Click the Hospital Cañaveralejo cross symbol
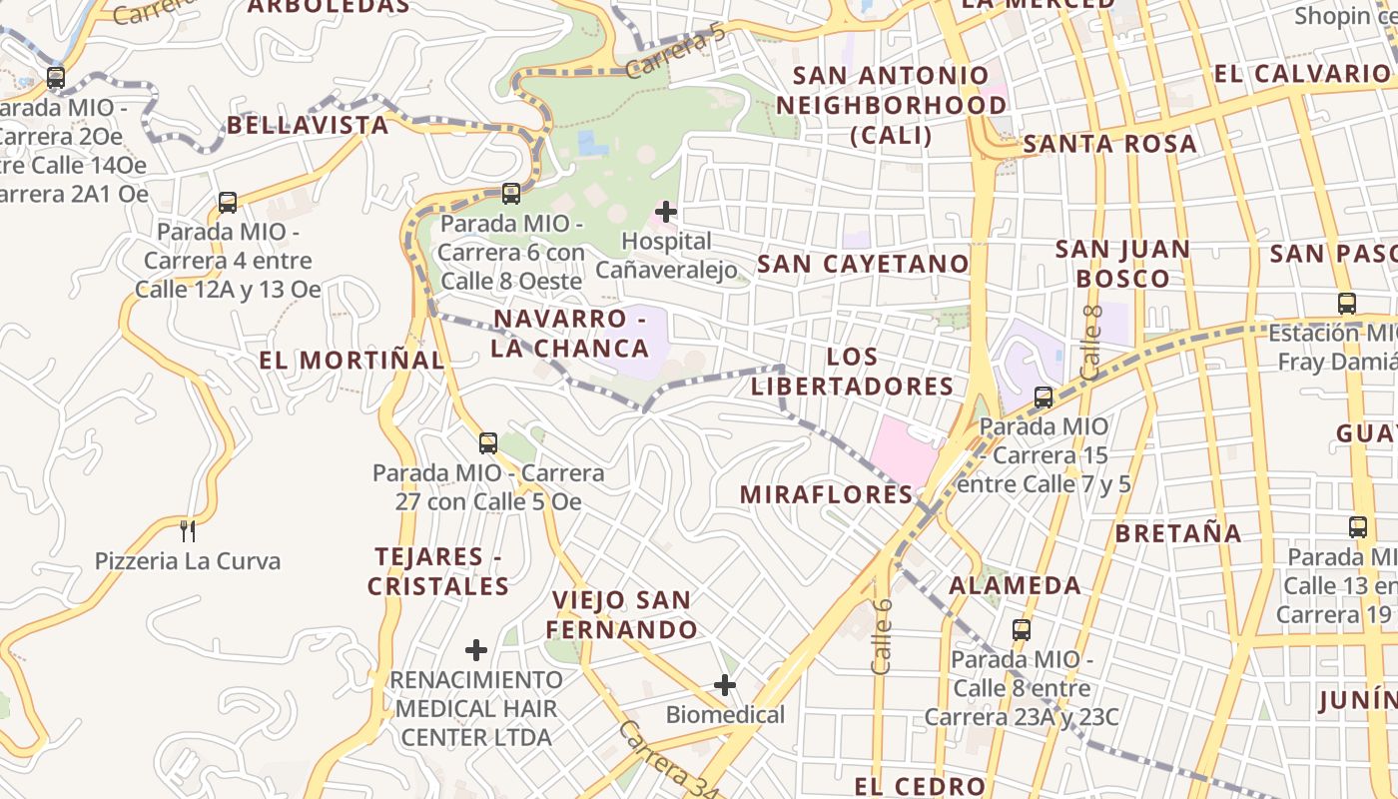(x=665, y=212)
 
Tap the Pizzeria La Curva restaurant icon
(x=187, y=530)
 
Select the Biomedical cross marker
(x=725, y=685)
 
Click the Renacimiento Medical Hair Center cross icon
(x=476, y=650)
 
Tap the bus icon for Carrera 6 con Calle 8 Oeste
(x=511, y=193)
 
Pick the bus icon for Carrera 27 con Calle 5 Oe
(x=488, y=442)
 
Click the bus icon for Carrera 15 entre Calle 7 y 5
(x=1044, y=397)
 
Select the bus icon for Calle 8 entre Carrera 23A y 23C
(x=1021, y=629)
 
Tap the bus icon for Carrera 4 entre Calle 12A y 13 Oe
(x=228, y=202)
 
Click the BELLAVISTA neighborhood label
(x=308, y=125)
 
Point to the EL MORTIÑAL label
(x=351, y=360)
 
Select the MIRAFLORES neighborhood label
(x=826, y=493)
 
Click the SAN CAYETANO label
(x=863, y=264)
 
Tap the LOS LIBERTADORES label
(x=853, y=371)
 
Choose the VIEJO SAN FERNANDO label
(x=621, y=614)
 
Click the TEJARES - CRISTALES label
(x=438, y=570)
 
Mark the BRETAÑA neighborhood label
(x=1178, y=533)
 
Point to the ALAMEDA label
(x=1015, y=585)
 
